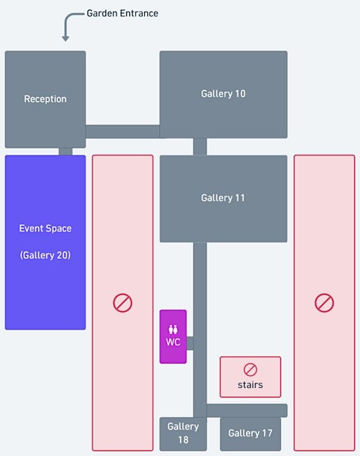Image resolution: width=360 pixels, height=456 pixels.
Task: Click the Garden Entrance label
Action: (122, 14)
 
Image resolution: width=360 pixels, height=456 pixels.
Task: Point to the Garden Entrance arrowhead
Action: (65, 38)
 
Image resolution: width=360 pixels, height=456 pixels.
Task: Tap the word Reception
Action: (45, 99)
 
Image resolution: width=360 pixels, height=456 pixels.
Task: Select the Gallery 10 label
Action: (223, 94)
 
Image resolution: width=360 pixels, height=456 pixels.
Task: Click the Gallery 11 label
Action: (223, 198)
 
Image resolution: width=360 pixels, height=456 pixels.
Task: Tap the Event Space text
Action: (45, 229)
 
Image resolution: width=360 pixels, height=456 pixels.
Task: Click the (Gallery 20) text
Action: (45, 255)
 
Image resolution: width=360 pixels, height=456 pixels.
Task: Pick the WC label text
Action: (173, 342)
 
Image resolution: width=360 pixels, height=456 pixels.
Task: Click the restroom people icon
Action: (173, 330)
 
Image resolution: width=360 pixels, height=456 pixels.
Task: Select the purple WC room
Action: (173, 337)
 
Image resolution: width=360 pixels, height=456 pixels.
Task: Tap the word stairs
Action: (250, 385)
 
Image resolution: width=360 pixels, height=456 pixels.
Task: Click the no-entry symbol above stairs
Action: (250, 370)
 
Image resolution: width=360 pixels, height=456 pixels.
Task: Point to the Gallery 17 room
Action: (250, 434)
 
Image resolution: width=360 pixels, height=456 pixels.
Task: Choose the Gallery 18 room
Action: (183, 434)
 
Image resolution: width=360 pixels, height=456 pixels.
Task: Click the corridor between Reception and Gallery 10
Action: (123, 132)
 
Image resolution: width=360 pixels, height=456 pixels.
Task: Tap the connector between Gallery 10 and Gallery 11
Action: (200, 147)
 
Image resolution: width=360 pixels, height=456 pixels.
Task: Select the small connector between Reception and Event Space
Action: (65, 152)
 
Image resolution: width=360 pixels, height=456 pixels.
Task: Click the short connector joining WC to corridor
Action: (190, 343)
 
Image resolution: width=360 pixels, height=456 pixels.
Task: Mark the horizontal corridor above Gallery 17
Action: (247, 410)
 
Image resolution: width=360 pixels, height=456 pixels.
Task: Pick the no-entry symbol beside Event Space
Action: (123, 303)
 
